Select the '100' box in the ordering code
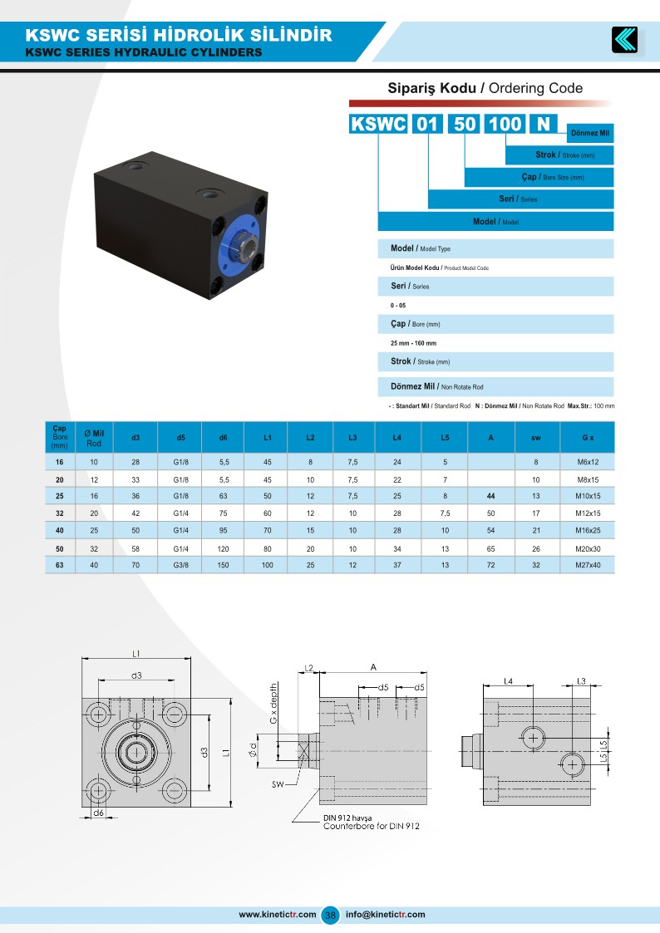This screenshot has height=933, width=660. coord(505,125)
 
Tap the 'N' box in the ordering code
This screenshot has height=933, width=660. coord(544,125)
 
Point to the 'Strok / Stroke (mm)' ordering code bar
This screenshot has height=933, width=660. coord(559,155)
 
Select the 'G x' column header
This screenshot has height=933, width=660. coord(588,437)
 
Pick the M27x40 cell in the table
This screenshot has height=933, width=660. coord(588,565)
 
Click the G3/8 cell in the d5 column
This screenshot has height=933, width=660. coord(180,565)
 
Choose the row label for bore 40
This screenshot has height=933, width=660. coord(59,530)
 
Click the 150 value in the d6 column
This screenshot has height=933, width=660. coord(224,565)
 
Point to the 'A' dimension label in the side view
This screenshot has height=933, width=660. coord(374,666)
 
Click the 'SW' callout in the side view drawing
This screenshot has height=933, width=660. coord(278,783)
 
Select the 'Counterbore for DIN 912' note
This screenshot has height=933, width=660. coord(371,827)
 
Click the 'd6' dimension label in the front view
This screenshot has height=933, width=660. coord(99,812)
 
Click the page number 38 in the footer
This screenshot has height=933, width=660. coord(330,915)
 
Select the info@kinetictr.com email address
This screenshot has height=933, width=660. coord(385,915)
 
